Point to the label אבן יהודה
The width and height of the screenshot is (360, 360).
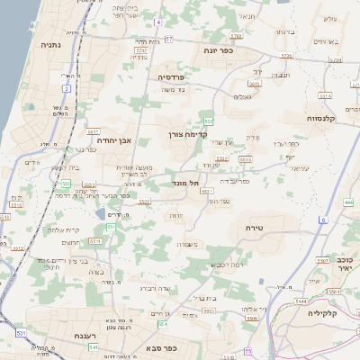point(113,140)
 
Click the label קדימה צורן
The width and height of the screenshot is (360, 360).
point(188,135)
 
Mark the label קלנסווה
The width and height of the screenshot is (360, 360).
point(320,118)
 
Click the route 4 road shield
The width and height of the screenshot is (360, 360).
point(157,21)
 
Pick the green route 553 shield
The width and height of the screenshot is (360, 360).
point(208,120)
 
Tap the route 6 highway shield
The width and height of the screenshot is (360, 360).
point(322,220)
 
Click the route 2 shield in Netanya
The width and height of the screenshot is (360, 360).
point(67,88)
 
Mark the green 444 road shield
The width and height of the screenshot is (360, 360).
point(348,202)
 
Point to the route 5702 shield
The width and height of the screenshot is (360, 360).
point(237,37)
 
